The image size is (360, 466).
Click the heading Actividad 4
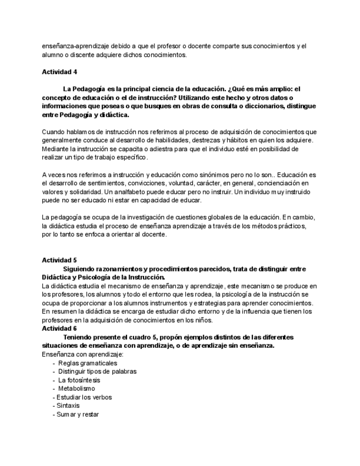click(x=59, y=71)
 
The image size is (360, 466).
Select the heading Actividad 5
click(x=59, y=260)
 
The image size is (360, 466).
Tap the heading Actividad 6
click(x=59, y=329)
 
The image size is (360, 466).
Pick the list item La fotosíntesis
click(x=79, y=380)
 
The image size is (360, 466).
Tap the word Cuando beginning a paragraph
click(x=54, y=132)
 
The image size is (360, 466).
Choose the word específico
click(x=130, y=158)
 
